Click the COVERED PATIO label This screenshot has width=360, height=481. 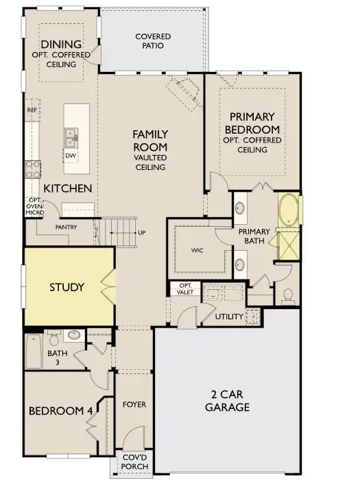click(x=152, y=41)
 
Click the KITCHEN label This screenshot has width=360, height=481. click(x=68, y=188)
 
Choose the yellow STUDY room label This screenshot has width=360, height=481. click(x=67, y=287)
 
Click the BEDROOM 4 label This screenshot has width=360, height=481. click(x=60, y=411)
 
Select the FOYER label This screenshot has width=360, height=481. click(x=134, y=404)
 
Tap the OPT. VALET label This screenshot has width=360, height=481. click(x=185, y=288)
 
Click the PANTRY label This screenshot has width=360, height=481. click(x=66, y=227)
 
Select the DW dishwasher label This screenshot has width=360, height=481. click(x=70, y=156)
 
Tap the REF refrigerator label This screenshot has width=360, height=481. click(x=32, y=110)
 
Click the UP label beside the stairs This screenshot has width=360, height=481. click(x=142, y=232)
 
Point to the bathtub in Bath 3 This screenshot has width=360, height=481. click(x=34, y=353)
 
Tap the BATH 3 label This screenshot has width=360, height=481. click(x=57, y=358)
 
